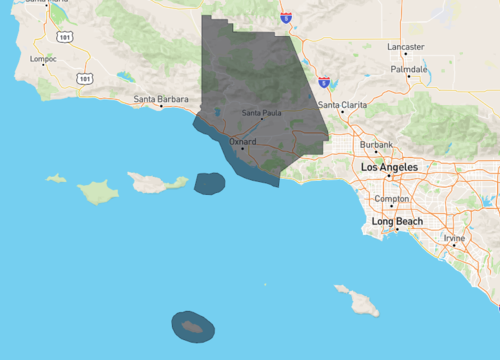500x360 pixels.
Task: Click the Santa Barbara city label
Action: point(160,98)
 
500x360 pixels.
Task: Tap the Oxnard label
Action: point(243,142)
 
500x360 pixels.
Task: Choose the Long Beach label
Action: point(397,221)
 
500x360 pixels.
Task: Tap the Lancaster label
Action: point(406,47)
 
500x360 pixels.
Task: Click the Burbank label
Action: point(376,145)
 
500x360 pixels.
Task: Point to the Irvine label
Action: point(455,238)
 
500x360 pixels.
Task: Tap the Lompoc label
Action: point(45,59)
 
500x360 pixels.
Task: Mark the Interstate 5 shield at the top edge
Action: point(286,17)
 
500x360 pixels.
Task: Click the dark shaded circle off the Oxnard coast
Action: point(209,183)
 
